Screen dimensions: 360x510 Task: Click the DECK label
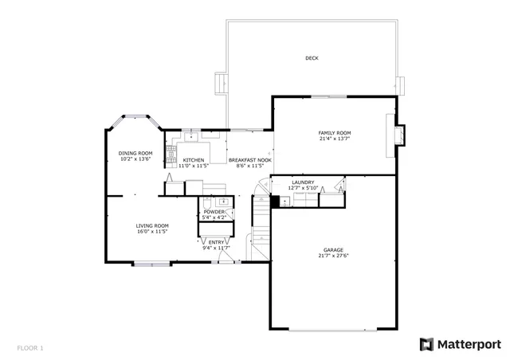click(312, 58)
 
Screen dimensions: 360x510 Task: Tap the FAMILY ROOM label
click(335, 132)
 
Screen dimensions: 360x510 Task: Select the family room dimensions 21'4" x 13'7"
click(335, 139)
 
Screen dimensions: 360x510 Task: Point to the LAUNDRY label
click(303, 182)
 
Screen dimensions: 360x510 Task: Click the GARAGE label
click(333, 249)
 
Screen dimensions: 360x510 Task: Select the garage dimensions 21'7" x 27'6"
click(333, 256)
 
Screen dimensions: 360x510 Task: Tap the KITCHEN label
click(182, 160)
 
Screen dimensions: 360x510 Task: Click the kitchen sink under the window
click(191, 137)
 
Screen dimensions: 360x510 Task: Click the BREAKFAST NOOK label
click(250, 160)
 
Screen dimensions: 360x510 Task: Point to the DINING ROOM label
click(135, 153)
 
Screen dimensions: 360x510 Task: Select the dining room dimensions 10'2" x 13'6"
click(135, 159)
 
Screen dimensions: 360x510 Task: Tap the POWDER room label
click(214, 212)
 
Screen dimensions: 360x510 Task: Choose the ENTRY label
click(216, 242)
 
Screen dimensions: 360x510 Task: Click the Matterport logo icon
click(427, 344)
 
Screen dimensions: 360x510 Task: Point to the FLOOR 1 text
click(30, 348)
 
